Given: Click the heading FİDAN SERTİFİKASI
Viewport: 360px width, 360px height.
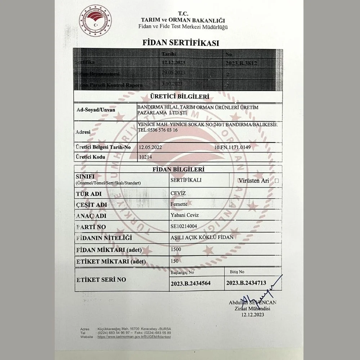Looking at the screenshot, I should point(180,43).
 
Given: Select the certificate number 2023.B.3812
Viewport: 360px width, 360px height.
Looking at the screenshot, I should point(241,63).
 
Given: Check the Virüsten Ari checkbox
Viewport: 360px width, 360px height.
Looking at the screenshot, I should point(276,181).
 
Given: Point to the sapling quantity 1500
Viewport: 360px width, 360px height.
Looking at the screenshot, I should point(176,249).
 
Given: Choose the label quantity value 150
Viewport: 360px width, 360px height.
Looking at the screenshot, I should point(175,260).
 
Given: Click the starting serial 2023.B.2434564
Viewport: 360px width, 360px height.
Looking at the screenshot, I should point(190,283).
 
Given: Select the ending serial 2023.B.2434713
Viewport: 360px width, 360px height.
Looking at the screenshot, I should point(246,283).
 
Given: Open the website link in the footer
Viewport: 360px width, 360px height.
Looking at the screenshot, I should point(134,337).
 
